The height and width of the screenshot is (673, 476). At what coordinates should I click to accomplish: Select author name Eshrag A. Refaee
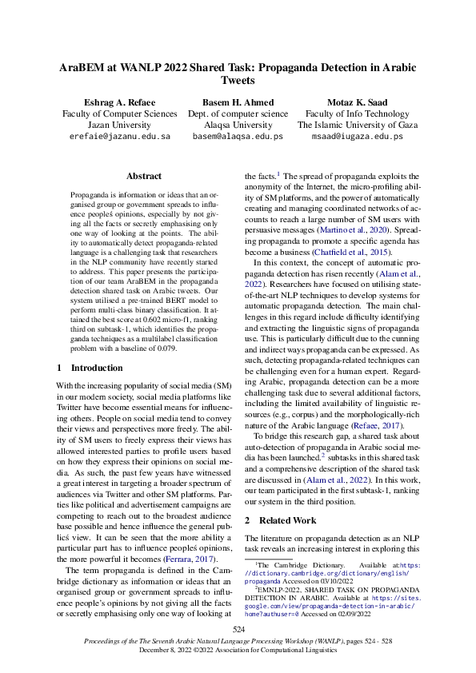pyautogui.click(x=119, y=103)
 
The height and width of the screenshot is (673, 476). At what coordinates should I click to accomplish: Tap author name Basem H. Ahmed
pyautogui.click(x=238, y=103)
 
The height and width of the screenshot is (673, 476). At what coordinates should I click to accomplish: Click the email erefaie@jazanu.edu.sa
pyautogui.click(x=119, y=137)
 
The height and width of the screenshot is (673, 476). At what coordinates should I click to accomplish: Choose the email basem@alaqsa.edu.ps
pyautogui.click(x=238, y=137)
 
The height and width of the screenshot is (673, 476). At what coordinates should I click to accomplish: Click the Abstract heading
pyautogui.click(x=144, y=176)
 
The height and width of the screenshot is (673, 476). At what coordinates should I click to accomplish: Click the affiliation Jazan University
pyautogui.click(x=119, y=125)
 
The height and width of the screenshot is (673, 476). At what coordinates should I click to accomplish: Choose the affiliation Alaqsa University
pyautogui.click(x=238, y=125)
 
